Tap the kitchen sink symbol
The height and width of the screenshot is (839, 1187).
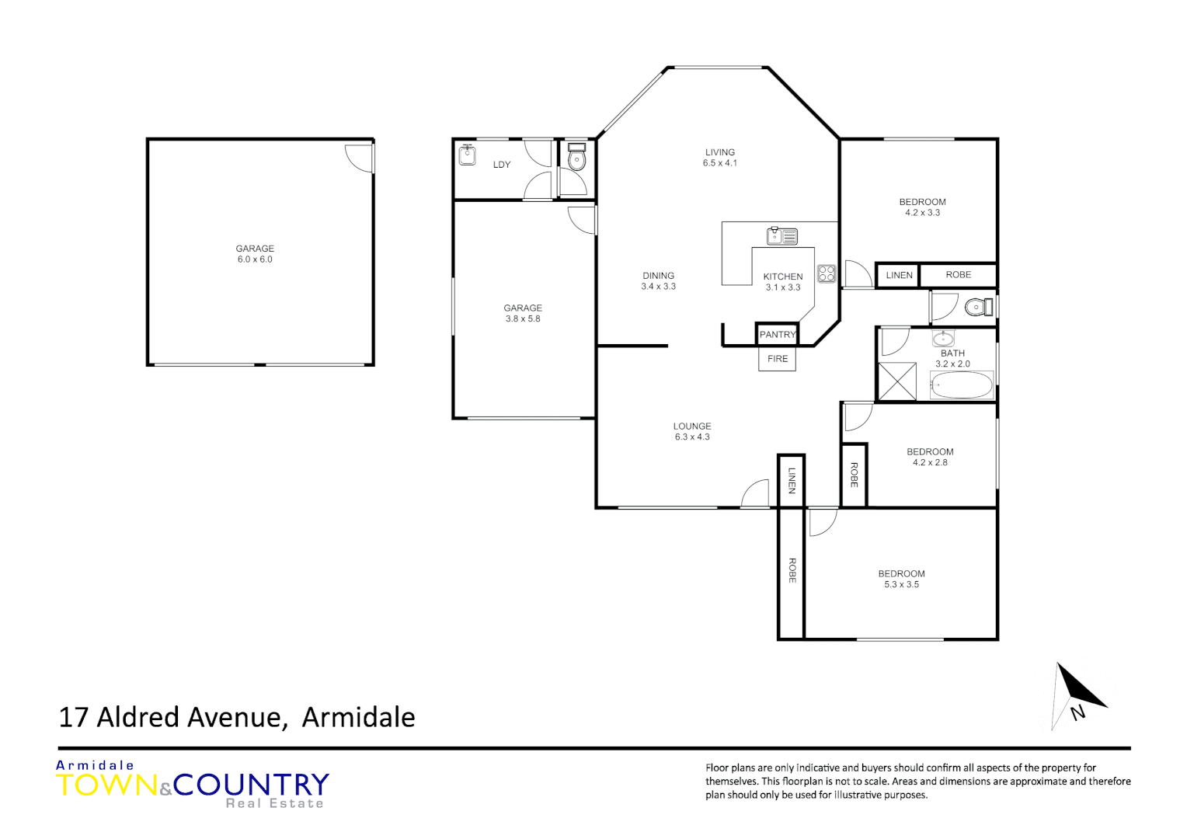click(x=782, y=235)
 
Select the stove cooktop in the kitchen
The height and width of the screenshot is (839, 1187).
click(x=827, y=273)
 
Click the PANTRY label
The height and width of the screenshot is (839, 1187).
click(x=778, y=335)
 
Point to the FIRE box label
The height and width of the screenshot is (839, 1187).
click(x=778, y=359)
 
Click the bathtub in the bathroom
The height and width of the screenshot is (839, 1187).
click(x=962, y=385)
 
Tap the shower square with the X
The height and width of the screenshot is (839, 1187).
click(x=897, y=381)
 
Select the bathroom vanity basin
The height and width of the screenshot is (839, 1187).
click(x=943, y=338)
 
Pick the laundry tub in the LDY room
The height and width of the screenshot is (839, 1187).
click(x=467, y=155)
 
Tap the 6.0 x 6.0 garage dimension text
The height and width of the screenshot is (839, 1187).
click(x=255, y=259)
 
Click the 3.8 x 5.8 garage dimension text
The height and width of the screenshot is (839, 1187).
click(x=523, y=319)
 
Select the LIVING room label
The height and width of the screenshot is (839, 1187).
click(x=720, y=152)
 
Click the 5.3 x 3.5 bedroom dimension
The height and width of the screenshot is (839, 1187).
click(x=901, y=584)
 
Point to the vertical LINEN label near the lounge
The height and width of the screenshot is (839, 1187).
click(x=792, y=480)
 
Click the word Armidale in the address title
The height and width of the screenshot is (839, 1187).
click(x=358, y=717)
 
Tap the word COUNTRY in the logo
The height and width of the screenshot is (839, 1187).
click(x=252, y=785)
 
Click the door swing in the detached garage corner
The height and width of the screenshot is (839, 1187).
click(x=360, y=158)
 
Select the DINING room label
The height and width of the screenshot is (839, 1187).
click(x=658, y=276)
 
